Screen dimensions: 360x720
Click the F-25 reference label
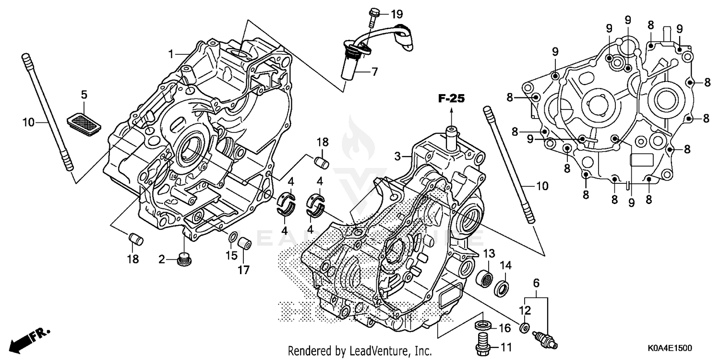[451, 99]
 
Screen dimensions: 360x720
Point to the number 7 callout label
[374, 72]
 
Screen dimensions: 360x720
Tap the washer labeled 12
[525, 328]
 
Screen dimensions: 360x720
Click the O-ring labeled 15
[232, 238]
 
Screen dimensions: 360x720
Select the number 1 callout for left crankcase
[169, 54]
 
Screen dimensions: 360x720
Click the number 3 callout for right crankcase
[397, 156]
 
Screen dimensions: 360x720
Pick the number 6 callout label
[536, 283]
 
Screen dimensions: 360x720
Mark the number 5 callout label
[84, 95]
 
